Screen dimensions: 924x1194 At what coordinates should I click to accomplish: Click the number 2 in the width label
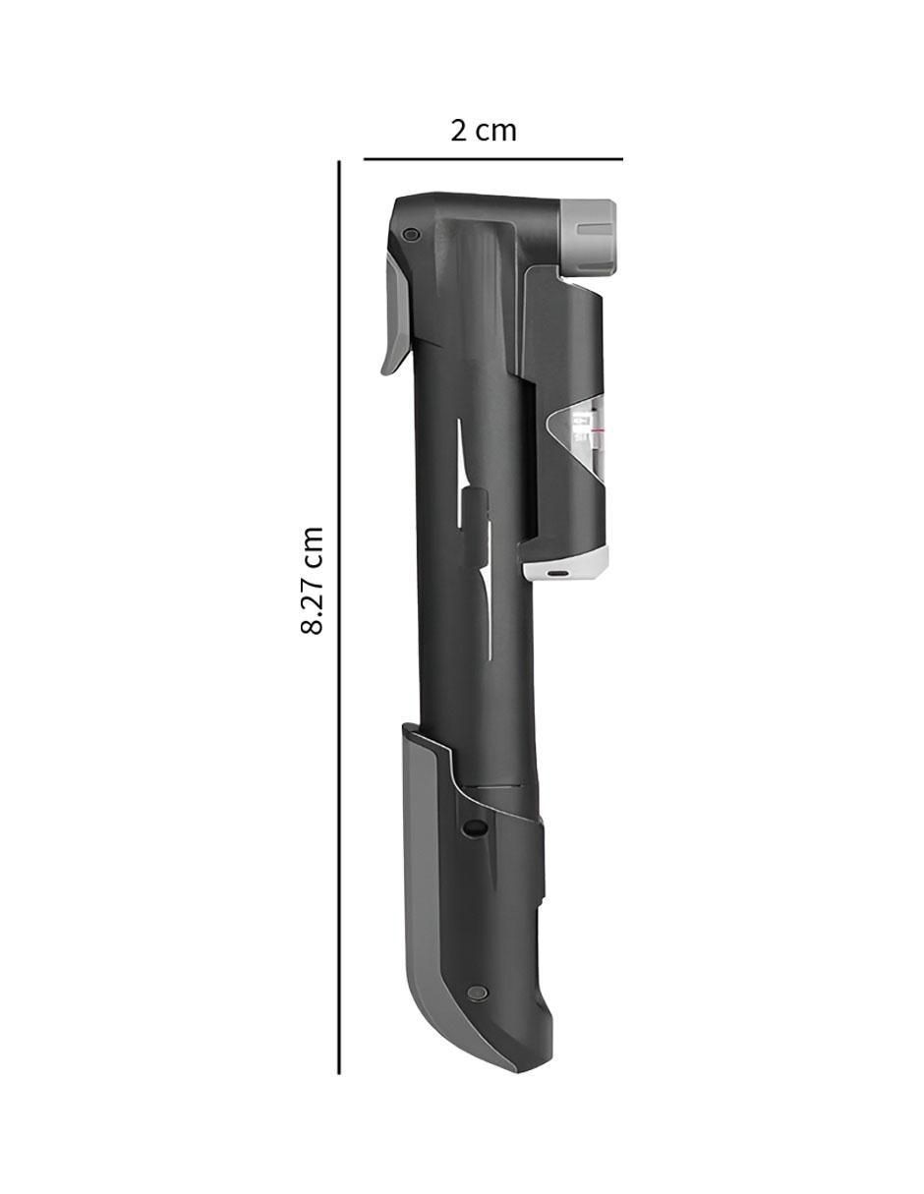tap(459, 131)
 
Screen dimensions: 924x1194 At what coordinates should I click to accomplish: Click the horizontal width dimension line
tap(492, 159)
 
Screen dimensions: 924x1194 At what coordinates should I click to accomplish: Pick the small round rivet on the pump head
tap(410, 234)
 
